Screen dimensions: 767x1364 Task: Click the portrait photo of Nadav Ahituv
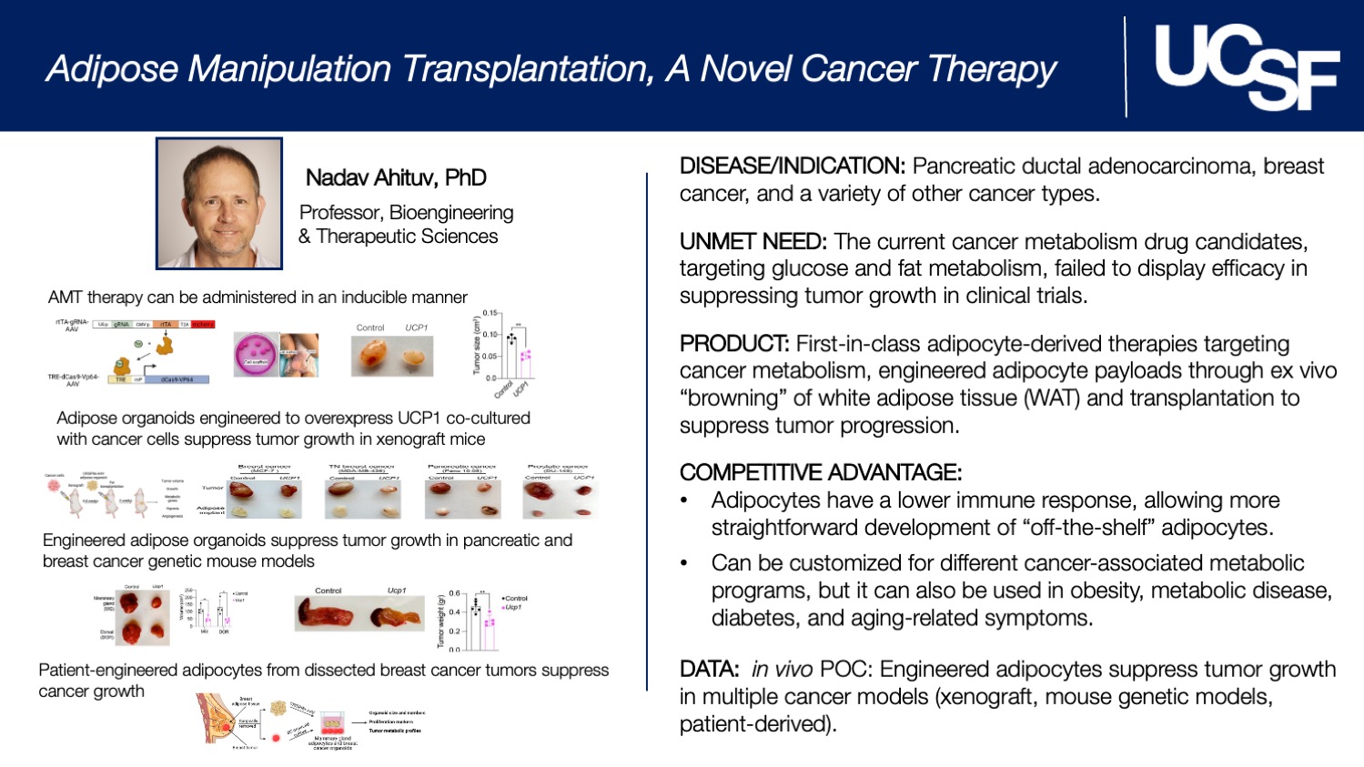(x=219, y=204)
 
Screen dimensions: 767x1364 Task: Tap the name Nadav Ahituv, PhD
(x=396, y=177)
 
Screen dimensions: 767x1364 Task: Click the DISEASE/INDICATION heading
(x=792, y=167)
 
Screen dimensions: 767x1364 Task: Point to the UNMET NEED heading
(x=753, y=242)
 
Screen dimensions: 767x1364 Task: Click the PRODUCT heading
(x=733, y=344)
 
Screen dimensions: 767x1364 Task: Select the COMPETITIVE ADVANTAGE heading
(x=820, y=472)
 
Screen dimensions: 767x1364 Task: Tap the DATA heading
(x=709, y=670)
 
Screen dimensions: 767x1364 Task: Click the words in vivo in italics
(x=782, y=670)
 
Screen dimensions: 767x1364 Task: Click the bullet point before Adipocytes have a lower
(x=684, y=501)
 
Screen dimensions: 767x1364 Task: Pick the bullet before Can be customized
(x=684, y=564)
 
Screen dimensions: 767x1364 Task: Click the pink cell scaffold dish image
(x=256, y=354)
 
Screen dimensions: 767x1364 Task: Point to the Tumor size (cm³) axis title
(x=476, y=345)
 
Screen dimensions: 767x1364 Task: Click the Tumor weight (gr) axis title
(x=441, y=621)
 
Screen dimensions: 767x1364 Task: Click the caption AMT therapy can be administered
(x=258, y=298)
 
